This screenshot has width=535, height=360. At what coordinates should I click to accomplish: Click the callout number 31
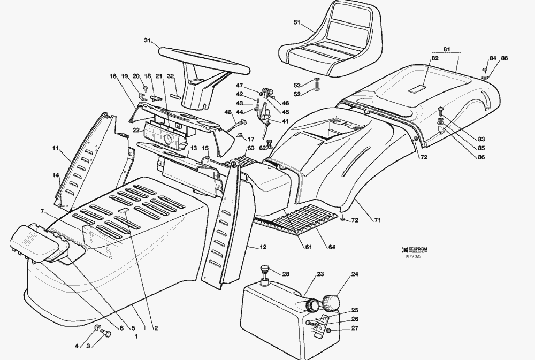pos(148,40)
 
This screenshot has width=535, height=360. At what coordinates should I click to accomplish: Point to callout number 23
pos(320,274)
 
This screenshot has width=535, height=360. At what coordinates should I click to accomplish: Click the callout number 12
pos(263,247)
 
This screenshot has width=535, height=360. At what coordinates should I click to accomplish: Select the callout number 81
pos(447,50)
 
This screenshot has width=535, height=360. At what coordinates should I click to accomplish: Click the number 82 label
pos(434,58)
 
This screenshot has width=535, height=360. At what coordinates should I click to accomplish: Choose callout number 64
pos(332,247)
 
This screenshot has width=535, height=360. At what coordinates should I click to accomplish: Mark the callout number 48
pos(228,112)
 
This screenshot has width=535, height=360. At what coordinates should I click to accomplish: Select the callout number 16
pos(113,76)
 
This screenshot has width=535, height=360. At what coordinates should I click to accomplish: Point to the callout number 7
pos(42,212)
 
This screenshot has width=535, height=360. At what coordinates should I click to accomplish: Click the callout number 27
pos(354,328)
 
